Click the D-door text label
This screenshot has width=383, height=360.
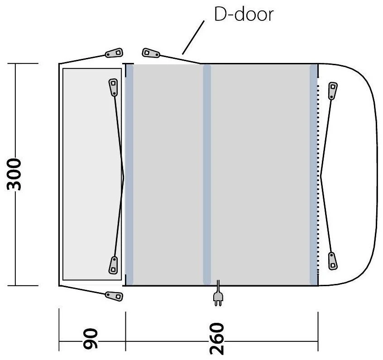(x=244, y=14)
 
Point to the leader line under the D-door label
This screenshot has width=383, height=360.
(x=193, y=38)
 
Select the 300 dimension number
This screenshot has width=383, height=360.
(x=14, y=174)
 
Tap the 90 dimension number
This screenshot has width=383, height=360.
(x=90, y=338)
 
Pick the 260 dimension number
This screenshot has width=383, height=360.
(x=217, y=339)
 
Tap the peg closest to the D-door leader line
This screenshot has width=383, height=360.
(x=151, y=53)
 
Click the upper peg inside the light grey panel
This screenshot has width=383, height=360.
(x=113, y=87)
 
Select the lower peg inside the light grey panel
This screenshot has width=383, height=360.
(x=113, y=265)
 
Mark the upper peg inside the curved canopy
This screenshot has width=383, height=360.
(x=333, y=91)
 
